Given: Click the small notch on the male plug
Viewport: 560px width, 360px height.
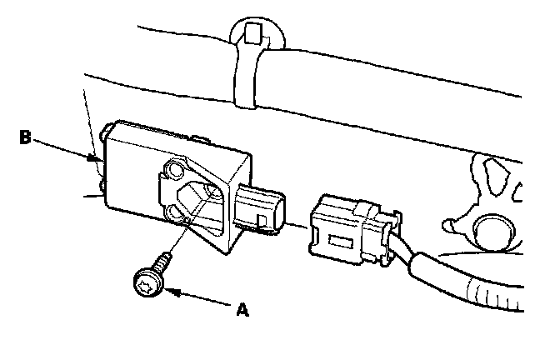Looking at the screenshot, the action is pyautogui.click(x=263, y=222).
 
